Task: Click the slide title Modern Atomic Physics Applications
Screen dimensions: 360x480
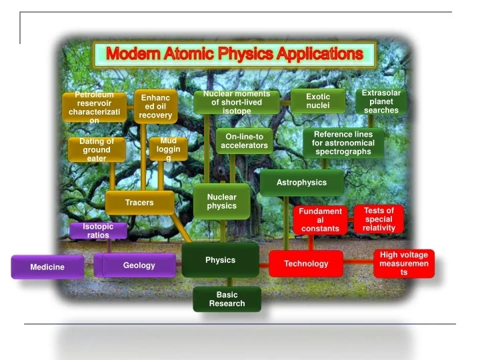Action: [235, 54]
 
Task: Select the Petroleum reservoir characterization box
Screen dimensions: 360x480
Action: [95, 107]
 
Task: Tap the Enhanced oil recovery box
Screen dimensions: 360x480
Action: [155, 107]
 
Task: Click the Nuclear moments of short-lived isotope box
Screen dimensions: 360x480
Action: [237, 103]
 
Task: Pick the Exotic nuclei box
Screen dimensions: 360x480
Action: [318, 101]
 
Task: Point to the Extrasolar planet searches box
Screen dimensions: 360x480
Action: [381, 101]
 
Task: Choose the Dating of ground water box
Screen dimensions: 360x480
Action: [97, 150]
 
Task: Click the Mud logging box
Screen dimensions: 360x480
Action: [168, 150]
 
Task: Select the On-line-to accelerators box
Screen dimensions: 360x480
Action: [245, 141]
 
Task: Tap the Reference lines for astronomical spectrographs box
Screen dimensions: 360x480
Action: [343, 143]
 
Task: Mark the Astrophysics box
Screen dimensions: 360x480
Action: [302, 183]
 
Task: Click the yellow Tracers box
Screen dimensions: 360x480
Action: [139, 203]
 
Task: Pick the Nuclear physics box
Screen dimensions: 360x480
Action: [222, 201]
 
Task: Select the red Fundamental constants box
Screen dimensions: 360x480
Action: [320, 220]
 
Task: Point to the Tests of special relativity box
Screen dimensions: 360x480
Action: [379, 219]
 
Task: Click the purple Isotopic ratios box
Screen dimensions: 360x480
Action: [98, 231]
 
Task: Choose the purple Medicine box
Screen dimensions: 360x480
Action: [47, 267]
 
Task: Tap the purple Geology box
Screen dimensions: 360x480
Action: [139, 265]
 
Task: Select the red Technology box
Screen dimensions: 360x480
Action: [306, 263]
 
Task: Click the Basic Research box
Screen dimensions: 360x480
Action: [227, 299]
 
